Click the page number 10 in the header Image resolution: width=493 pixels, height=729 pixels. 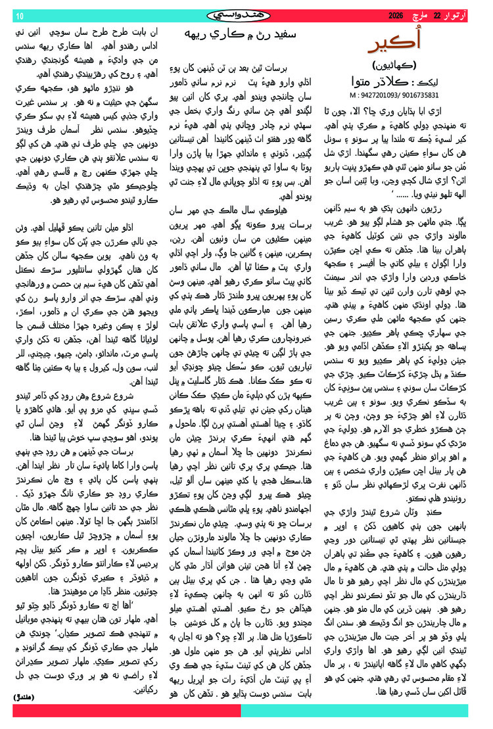coord(19,15)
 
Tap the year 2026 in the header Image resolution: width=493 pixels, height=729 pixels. coord(396,14)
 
